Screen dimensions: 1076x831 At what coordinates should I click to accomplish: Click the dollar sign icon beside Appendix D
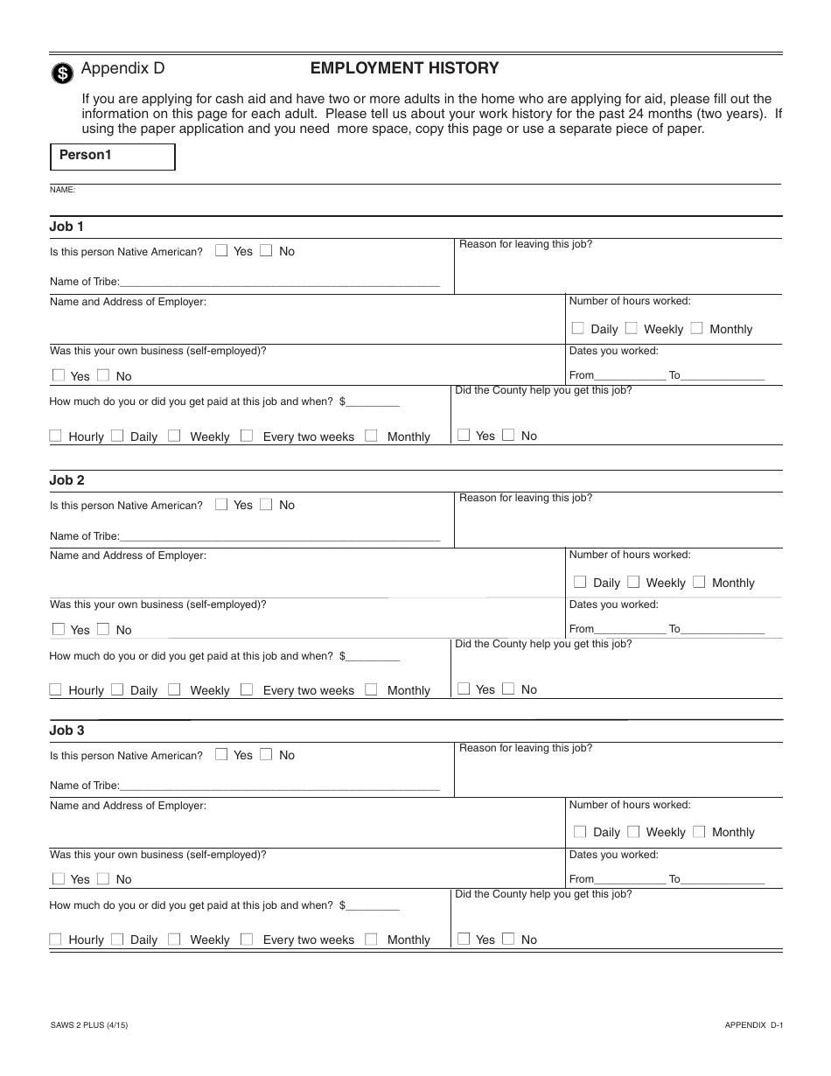(61, 73)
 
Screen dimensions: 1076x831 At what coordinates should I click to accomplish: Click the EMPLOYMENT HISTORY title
(404, 68)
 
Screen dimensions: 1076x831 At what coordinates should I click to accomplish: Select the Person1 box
(113, 157)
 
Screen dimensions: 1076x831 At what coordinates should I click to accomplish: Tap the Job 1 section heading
(66, 227)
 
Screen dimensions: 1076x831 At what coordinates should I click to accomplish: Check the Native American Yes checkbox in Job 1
(221, 251)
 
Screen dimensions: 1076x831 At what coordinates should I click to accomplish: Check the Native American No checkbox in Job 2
(266, 505)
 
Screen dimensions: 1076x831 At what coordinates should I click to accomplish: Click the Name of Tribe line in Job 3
(280, 785)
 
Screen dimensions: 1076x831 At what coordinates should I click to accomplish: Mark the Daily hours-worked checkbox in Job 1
(578, 329)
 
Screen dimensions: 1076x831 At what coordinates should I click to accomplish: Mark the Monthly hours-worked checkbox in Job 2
(699, 582)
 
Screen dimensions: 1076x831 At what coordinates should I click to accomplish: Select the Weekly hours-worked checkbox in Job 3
(633, 832)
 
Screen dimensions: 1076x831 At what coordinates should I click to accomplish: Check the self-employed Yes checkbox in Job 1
(59, 375)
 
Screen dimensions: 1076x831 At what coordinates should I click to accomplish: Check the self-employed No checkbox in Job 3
(103, 878)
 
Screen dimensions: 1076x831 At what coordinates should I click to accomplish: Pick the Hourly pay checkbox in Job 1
(56, 436)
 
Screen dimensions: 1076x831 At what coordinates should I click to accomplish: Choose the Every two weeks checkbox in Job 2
(247, 689)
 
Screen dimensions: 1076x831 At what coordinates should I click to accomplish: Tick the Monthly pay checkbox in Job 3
(371, 939)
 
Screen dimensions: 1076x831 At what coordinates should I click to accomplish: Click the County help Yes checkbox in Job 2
(464, 689)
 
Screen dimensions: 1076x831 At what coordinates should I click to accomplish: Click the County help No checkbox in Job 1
(508, 435)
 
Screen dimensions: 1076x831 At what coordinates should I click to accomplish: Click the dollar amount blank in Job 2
(374, 655)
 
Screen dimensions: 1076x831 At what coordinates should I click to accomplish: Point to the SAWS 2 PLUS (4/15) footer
(90, 1024)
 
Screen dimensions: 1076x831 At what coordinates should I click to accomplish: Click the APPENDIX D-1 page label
(752, 1024)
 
